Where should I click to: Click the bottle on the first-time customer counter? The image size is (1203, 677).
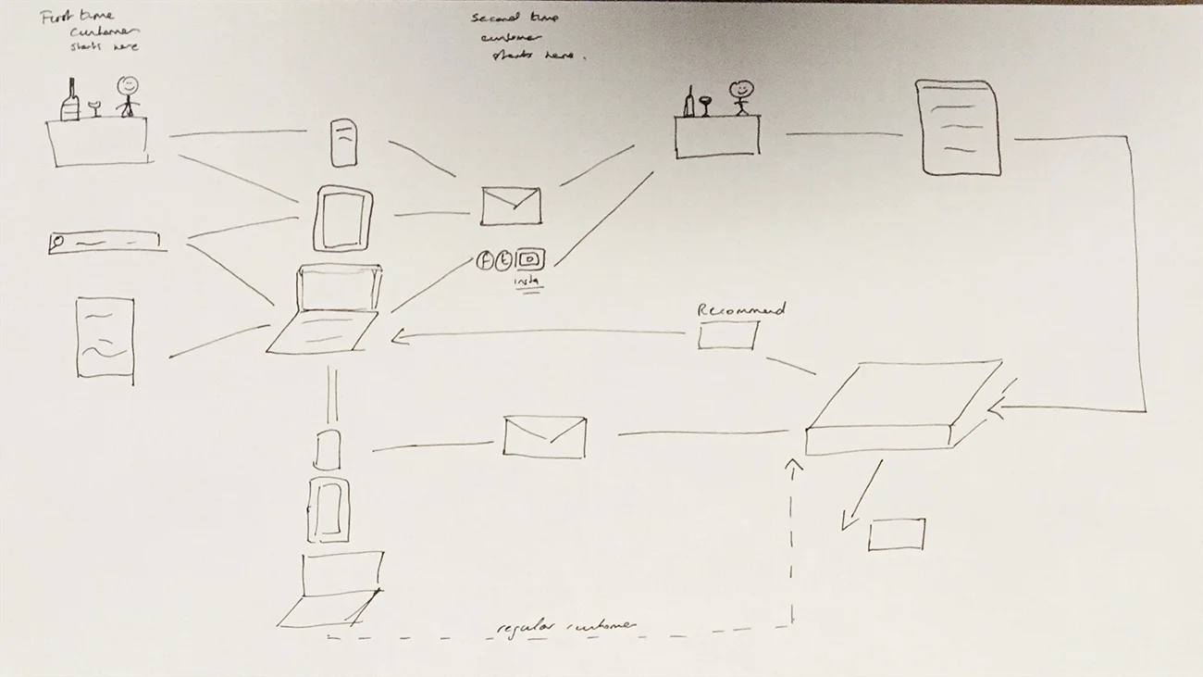(x=70, y=100)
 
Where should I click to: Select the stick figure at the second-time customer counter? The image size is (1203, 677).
(x=740, y=96)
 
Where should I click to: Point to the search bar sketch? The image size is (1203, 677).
(x=104, y=242)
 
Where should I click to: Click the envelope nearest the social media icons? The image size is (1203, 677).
(x=510, y=206)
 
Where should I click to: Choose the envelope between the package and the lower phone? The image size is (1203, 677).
(x=544, y=436)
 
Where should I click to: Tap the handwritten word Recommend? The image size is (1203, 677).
(x=740, y=309)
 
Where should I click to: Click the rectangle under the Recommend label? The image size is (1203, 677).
(x=726, y=335)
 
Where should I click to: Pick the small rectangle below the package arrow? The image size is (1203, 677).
(x=896, y=534)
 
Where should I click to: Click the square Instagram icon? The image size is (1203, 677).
(x=531, y=260)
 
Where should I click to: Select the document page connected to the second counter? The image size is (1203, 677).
(x=958, y=127)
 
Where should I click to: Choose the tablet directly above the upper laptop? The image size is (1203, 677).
(x=343, y=219)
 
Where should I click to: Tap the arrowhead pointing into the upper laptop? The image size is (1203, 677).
(x=397, y=338)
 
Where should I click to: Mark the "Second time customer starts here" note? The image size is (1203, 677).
(x=527, y=37)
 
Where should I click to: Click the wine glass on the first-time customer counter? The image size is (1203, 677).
(x=94, y=108)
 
